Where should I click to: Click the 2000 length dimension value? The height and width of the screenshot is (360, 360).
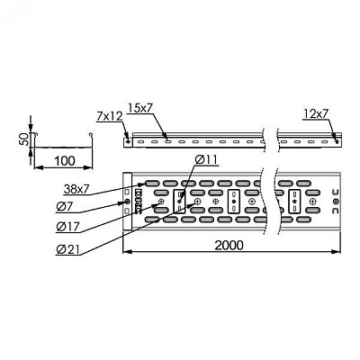(x=229, y=245)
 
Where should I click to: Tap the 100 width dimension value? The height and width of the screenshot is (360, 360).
(x=65, y=161)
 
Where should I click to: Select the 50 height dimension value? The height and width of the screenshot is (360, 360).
(x=25, y=139)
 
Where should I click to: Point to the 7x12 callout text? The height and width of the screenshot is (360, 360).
(x=110, y=116)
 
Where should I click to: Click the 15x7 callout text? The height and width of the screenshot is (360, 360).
(x=140, y=108)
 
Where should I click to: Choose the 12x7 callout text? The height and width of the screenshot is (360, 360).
(x=316, y=113)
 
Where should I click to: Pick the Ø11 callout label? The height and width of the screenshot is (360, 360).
(x=206, y=160)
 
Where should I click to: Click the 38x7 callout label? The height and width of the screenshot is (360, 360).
(x=76, y=189)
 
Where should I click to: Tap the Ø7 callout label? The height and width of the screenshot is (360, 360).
(x=64, y=208)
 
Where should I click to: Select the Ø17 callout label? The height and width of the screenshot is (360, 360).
(x=67, y=227)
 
